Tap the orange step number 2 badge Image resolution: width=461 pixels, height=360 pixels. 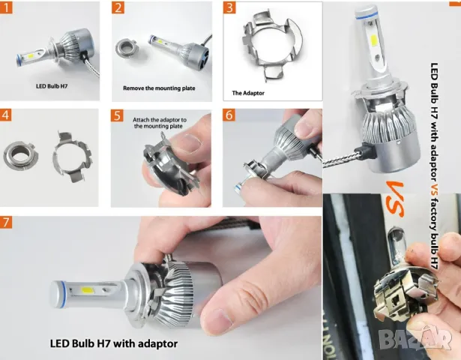pos(118,8)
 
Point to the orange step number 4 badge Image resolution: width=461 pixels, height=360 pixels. pos(7,115)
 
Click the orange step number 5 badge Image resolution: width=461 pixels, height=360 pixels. pos(118,115)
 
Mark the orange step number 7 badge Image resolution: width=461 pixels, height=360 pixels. pos(7,223)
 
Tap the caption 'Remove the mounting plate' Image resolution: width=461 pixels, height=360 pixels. pos(159,88)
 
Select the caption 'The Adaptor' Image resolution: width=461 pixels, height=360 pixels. pos(247,94)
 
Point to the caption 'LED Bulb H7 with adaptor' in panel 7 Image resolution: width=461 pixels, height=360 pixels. pos(115,344)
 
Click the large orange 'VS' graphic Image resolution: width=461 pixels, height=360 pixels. pos(395,194)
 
